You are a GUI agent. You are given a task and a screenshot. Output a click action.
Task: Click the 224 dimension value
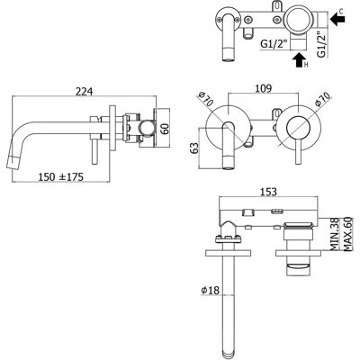point(84,92)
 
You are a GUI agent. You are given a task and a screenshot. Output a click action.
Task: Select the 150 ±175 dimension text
point(60,177)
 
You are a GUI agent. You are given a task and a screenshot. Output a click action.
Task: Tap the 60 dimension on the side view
point(165,128)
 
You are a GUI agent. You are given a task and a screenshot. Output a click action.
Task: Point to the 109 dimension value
point(263,88)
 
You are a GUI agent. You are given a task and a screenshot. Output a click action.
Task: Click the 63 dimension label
point(194,148)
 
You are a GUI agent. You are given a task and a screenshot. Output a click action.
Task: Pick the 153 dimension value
point(268,192)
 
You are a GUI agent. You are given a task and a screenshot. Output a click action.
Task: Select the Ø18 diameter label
point(211,291)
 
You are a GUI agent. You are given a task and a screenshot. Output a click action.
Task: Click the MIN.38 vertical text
point(334,234)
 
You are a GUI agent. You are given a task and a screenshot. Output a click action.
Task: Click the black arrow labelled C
point(337,20)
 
